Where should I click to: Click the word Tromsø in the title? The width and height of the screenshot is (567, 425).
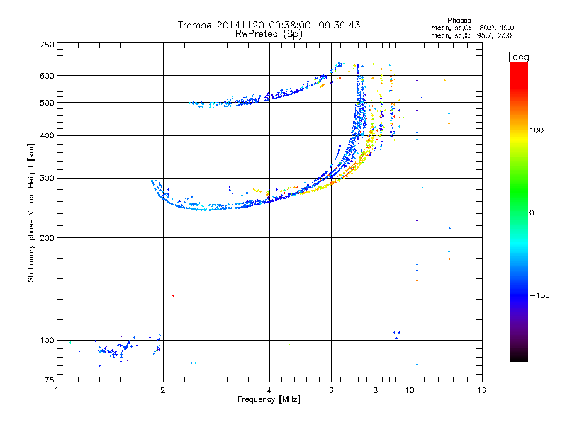(194, 25)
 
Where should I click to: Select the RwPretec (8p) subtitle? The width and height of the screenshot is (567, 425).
(269, 34)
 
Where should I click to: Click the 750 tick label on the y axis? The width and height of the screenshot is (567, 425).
(47, 45)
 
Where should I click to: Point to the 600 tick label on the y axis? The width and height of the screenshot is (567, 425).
(47, 76)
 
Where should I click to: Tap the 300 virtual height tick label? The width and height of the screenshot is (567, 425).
(47, 178)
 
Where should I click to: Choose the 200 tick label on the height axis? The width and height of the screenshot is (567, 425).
(47, 238)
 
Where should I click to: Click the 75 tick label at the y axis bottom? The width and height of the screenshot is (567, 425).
(50, 380)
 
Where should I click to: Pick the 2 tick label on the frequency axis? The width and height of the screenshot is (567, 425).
(163, 390)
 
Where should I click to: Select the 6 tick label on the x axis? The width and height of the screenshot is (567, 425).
(331, 390)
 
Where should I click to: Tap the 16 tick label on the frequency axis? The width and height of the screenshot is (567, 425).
(482, 390)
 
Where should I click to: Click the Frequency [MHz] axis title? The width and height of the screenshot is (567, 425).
(269, 399)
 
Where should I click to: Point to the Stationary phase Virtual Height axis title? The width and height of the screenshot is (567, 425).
(31, 212)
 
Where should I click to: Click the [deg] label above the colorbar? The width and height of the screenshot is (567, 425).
(521, 57)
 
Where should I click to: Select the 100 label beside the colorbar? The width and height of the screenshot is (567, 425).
(537, 130)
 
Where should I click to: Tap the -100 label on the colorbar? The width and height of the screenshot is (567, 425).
(540, 295)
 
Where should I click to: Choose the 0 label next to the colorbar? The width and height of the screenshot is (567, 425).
(532, 213)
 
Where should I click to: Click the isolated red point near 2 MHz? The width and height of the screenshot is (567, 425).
(173, 295)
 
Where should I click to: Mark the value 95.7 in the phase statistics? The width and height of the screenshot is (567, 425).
(484, 35)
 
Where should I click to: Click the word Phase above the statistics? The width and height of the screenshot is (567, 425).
(459, 21)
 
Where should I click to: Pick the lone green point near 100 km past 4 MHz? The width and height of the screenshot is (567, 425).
(289, 344)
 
